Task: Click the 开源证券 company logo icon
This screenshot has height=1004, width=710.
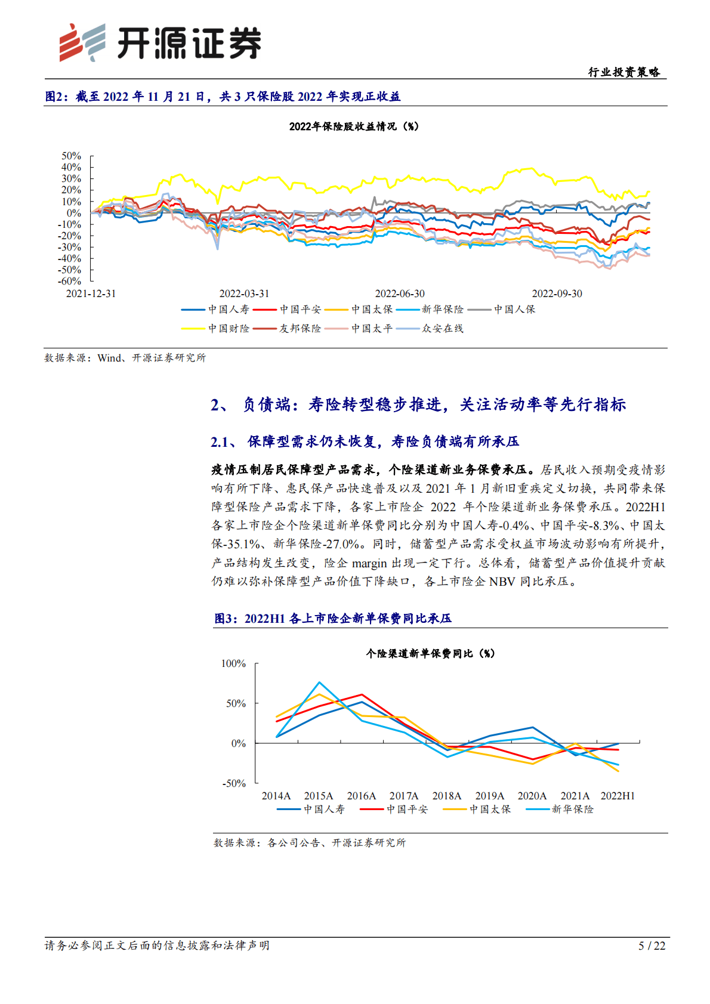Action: click(x=82, y=42)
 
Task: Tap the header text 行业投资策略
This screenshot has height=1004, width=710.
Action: click(x=624, y=72)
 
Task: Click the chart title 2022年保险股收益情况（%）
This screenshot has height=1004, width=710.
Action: click(x=354, y=126)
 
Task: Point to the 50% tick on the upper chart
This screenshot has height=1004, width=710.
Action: click(x=71, y=156)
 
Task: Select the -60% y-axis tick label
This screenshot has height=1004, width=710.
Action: click(x=70, y=281)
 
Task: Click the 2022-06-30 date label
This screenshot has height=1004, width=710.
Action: click(x=400, y=294)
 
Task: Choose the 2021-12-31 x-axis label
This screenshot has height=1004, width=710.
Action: click(x=91, y=294)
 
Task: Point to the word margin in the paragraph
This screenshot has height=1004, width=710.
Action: click(x=369, y=563)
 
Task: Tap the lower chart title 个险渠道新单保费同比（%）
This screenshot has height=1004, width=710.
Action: click(x=430, y=654)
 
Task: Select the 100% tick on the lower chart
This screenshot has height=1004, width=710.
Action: click(x=233, y=663)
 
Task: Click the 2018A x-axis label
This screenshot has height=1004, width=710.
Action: click(x=447, y=796)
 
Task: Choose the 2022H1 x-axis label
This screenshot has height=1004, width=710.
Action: click(x=618, y=796)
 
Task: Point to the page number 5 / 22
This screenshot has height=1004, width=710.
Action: click(x=652, y=946)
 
